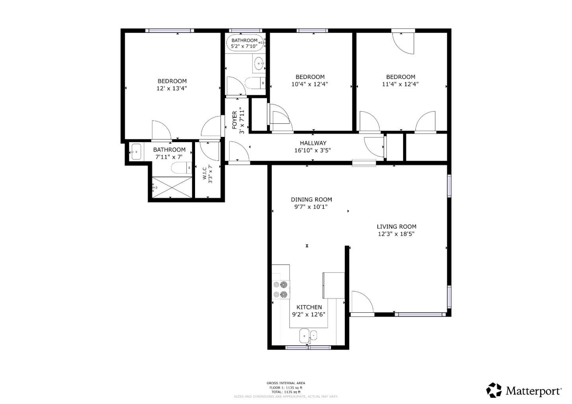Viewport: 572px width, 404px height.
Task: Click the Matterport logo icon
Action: tap(494, 390)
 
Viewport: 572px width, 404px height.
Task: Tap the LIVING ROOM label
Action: tap(396, 227)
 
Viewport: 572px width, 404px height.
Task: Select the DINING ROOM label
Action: tap(311, 200)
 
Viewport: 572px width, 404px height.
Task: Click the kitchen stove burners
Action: tap(280, 289)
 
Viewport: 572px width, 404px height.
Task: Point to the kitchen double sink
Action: tap(308, 336)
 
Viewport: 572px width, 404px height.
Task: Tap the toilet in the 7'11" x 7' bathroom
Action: tap(181, 168)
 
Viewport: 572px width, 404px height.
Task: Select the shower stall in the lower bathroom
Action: tap(172, 187)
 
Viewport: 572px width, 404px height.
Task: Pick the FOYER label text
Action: tap(234, 120)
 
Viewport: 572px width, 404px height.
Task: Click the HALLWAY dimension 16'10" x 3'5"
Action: tap(313, 150)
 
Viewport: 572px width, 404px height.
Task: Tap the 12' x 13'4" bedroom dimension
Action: tap(172, 88)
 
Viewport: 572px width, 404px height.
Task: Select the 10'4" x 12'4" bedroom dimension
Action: tap(309, 84)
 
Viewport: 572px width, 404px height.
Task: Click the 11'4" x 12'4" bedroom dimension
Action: tap(400, 84)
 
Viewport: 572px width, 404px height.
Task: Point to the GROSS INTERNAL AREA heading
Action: tap(286, 383)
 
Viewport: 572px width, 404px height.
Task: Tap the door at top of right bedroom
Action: tap(403, 42)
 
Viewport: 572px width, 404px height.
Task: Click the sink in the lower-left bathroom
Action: tap(136, 152)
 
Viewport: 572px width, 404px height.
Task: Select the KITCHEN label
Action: tap(309, 307)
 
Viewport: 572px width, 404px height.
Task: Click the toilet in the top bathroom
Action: tap(253, 83)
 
